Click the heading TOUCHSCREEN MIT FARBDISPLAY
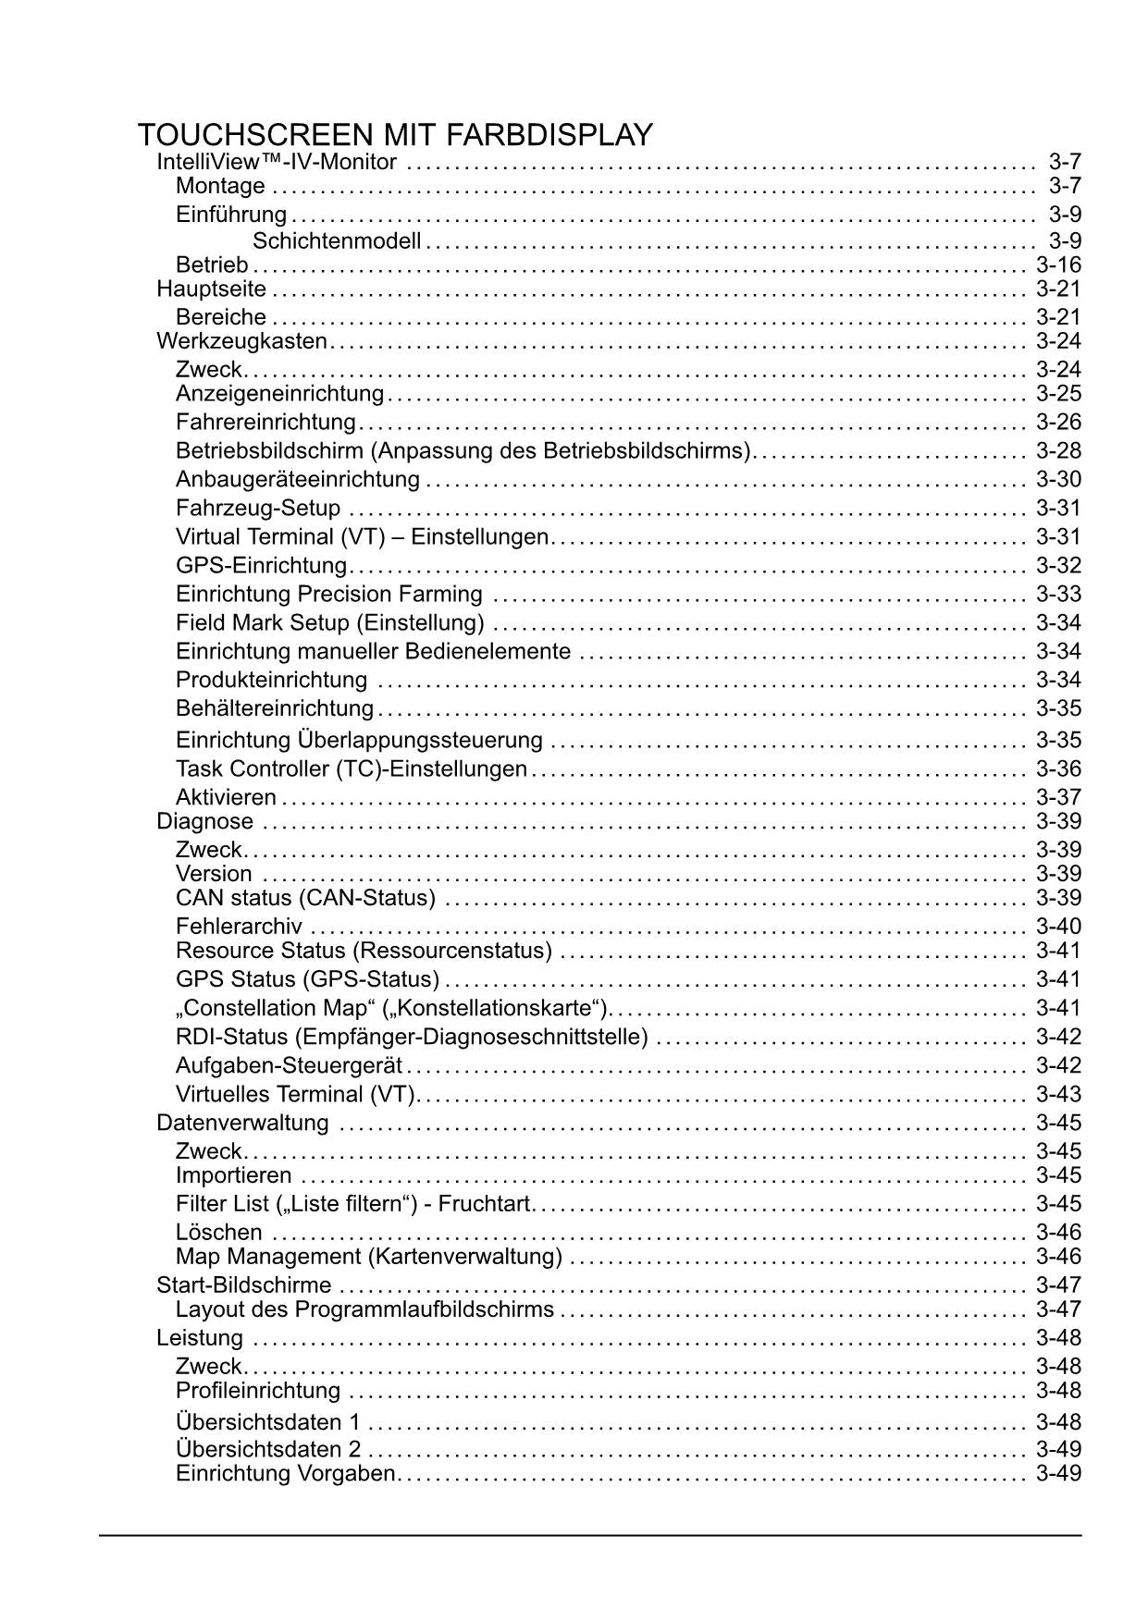(x=395, y=135)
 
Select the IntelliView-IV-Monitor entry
(x=277, y=163)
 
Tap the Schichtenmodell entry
(x=337, y=241)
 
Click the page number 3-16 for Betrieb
(x=1058, y=264)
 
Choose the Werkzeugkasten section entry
(x=242, y=341)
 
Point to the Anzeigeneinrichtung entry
(x=279, y=394)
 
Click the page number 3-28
(x=1058, y=451)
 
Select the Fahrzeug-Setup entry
(x=258, y=509)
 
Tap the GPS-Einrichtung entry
(x=261, y=566)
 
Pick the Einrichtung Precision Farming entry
(x=328, y=595)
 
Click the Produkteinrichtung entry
(x=271, y=681)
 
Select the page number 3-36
(x=1058, y=769)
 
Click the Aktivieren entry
(x=226, y=798)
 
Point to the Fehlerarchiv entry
(x=239, y=927)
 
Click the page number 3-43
(x=1058, y=1095)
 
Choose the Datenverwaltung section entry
(x=242, y=1124)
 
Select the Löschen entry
(x=218, y=1233)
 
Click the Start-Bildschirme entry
(x=243, y=1285)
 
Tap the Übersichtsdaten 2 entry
(x=268, y=1449)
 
